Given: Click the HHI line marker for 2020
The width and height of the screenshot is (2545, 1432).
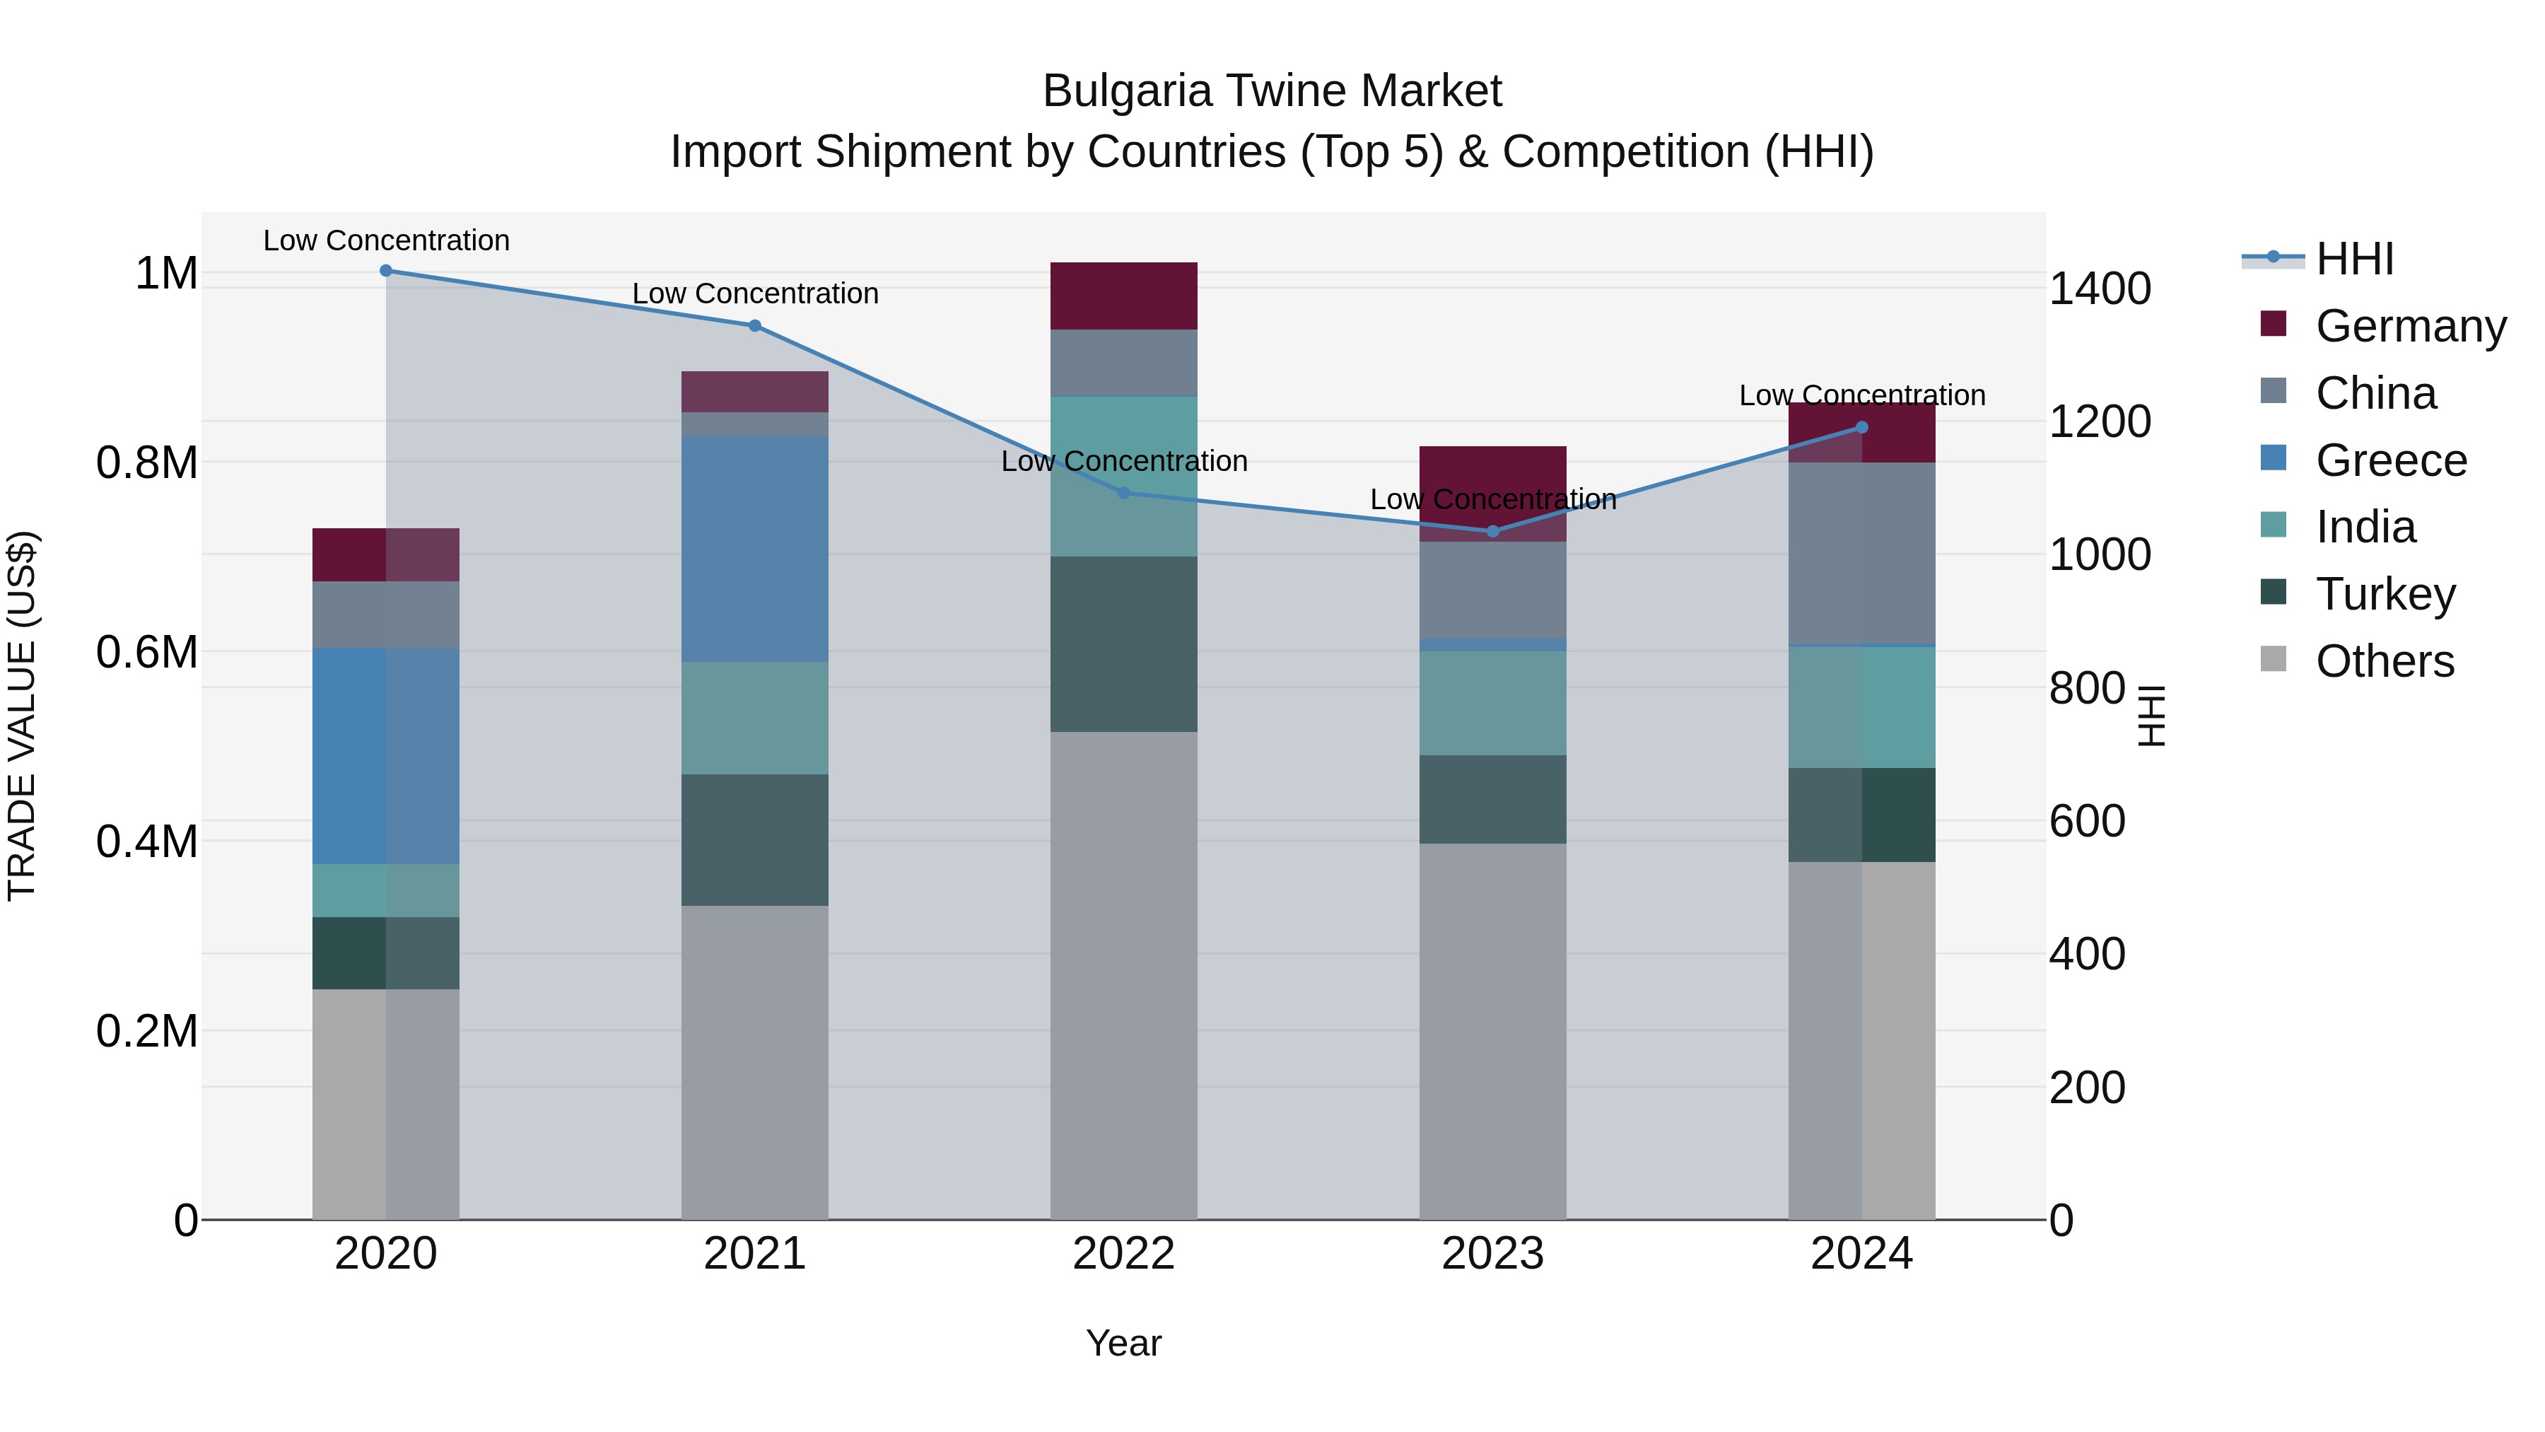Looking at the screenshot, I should click(x=386, y=271).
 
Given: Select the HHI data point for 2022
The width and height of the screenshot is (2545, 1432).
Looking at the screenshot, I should click(x=1123, y=492).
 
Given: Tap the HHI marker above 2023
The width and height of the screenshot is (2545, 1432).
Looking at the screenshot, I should click(x=1493, y=532).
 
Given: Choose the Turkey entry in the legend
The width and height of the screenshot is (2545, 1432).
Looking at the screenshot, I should click(x=2384, y=594).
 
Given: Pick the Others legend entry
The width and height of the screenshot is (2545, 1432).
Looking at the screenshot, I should click(x=2383, y=661).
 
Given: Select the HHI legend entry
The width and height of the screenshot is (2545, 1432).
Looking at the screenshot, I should click(x=2353, y=259).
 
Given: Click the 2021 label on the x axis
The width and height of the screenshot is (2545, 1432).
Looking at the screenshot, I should click(x=755, y=1254).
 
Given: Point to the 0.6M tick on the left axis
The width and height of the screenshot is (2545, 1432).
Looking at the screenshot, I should click(x=147, y=652).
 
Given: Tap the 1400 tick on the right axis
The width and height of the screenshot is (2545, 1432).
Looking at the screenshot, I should click(x=2100, y=289).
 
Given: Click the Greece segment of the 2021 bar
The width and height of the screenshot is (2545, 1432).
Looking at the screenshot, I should click(x=755, y=549).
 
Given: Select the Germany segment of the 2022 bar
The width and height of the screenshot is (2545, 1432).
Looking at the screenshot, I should click(x=1123, y=296).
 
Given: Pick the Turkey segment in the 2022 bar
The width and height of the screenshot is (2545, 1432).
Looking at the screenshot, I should click(x=1123, y=644).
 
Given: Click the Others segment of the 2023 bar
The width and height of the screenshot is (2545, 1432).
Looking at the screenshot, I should click(x=1493, y=1031).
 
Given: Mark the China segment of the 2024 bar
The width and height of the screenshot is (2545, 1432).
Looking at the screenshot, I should click(x=1861, y=554).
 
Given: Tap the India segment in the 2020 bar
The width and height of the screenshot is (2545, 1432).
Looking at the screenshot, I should click(x=386, y=890).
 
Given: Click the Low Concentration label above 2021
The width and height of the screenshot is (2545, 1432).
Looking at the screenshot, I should click(x=755, y=293).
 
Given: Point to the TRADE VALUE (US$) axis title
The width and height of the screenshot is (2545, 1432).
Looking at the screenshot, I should click(x=22, y=716).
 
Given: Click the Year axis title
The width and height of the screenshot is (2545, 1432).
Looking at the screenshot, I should click(x=1123, y=1343).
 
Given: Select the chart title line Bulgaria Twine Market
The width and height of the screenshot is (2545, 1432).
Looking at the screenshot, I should click(x=1272, y=91).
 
